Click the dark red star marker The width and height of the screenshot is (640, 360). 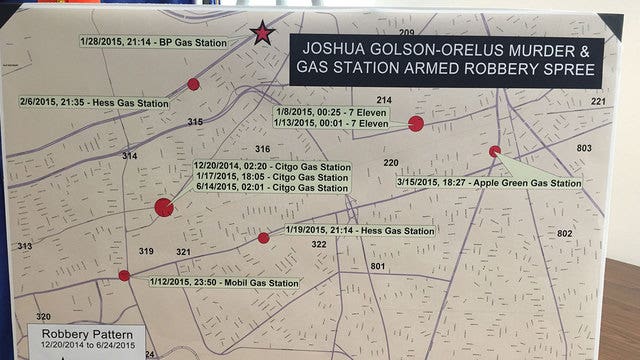(x=262, y=33)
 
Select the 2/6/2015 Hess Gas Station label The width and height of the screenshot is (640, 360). (x=93, y=102)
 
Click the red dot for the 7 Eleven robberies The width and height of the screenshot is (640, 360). (x=416, y=123)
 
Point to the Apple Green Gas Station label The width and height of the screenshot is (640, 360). (x=489, y=183)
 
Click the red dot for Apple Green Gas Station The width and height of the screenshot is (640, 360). (x=494, y=151)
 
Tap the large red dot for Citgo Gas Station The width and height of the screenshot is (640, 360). (x=164, y=207)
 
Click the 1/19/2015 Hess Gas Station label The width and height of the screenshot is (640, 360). (x=360, y=231)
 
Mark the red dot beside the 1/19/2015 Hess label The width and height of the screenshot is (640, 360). (x=263, y=238)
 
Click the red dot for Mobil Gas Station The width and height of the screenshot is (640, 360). (x=124, y=275)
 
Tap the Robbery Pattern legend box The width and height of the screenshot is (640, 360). (x=87, y=337)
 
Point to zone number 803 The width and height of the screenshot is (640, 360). (x=584, y=148)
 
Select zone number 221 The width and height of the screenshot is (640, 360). (x=598, y=102)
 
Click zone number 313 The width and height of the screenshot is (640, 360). (x=24, y=246)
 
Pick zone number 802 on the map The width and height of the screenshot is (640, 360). (x=564, y=233)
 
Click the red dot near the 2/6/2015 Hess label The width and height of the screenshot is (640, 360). (x=193, y=84)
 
